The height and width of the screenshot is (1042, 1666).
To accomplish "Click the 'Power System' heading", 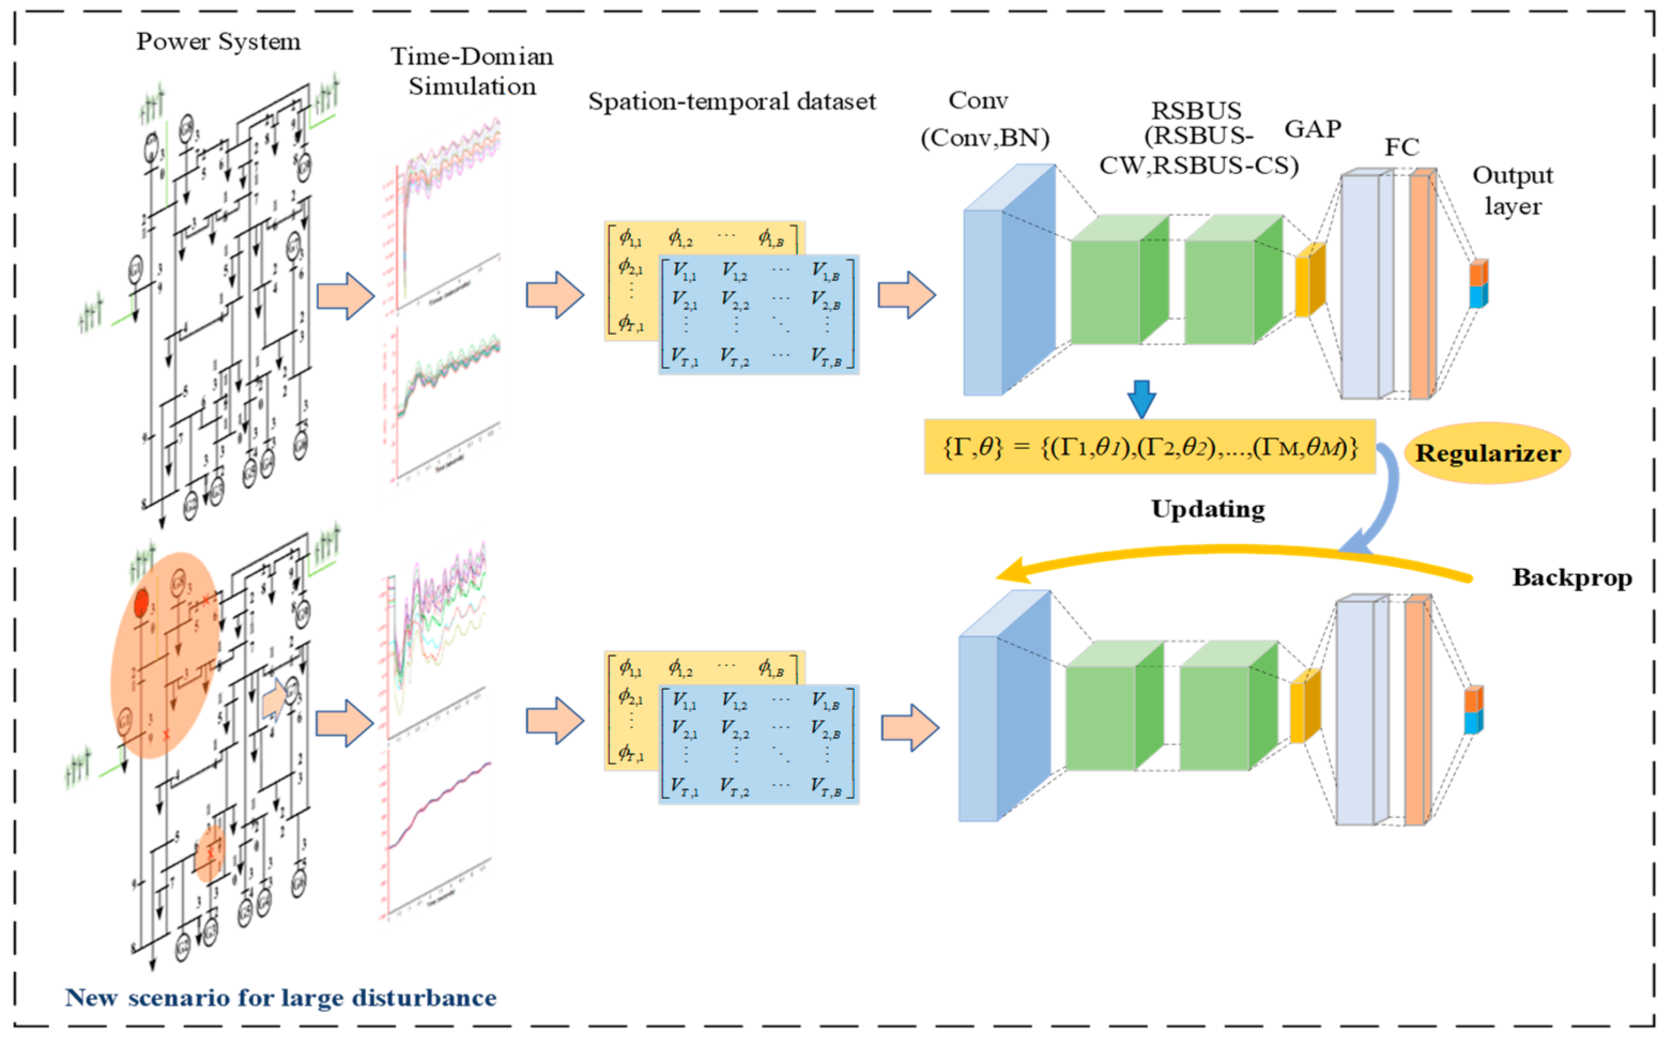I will tap(218, 41).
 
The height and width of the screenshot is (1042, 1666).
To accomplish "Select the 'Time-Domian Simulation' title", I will tap(472, 71).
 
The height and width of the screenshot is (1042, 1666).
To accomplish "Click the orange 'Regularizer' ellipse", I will tap(1487, 453).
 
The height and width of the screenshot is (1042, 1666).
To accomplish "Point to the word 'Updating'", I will tap(1208, 508).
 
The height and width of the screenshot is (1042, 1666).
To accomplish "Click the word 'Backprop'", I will tap(1571, 577).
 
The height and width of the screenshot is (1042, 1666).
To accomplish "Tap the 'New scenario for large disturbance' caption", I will tap(281, 997).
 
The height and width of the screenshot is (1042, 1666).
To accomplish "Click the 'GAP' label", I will tap(1312, 129).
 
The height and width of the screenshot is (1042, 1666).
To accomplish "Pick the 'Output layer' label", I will tap(1513, 190).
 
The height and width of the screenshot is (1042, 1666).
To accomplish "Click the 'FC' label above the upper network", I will tap(1401, 147).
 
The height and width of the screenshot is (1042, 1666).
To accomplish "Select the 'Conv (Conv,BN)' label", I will tap(984, 119).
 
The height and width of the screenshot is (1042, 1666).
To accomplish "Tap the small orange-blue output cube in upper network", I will tap(1478, 284).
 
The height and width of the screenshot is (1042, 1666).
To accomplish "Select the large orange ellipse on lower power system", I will tap(164, 655).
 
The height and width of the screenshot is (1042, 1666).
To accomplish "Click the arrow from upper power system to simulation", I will tap(344, 296).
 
